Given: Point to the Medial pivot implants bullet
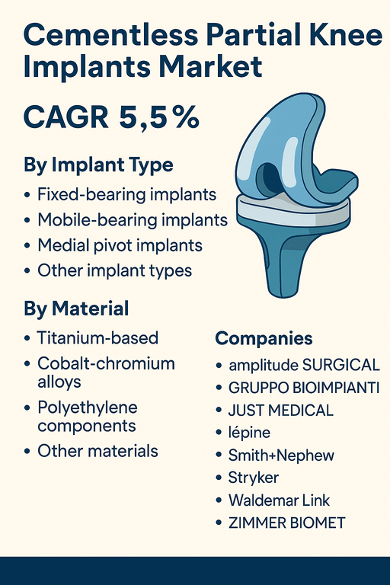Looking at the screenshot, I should (x=120, y=245).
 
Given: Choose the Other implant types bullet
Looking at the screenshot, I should (x=115, y=270).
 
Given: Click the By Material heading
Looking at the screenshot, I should (x=76, y=309).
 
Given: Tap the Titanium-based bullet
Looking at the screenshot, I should (x=97, y=337).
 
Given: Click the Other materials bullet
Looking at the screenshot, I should (x=97, y=451).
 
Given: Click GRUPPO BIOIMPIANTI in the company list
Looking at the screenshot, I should (x=303, y=388).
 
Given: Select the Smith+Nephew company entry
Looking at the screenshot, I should (x=281, y=456).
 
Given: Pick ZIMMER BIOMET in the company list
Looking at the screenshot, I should (x=286, y=523).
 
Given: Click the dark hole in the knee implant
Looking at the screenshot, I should (x=267, y=177).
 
